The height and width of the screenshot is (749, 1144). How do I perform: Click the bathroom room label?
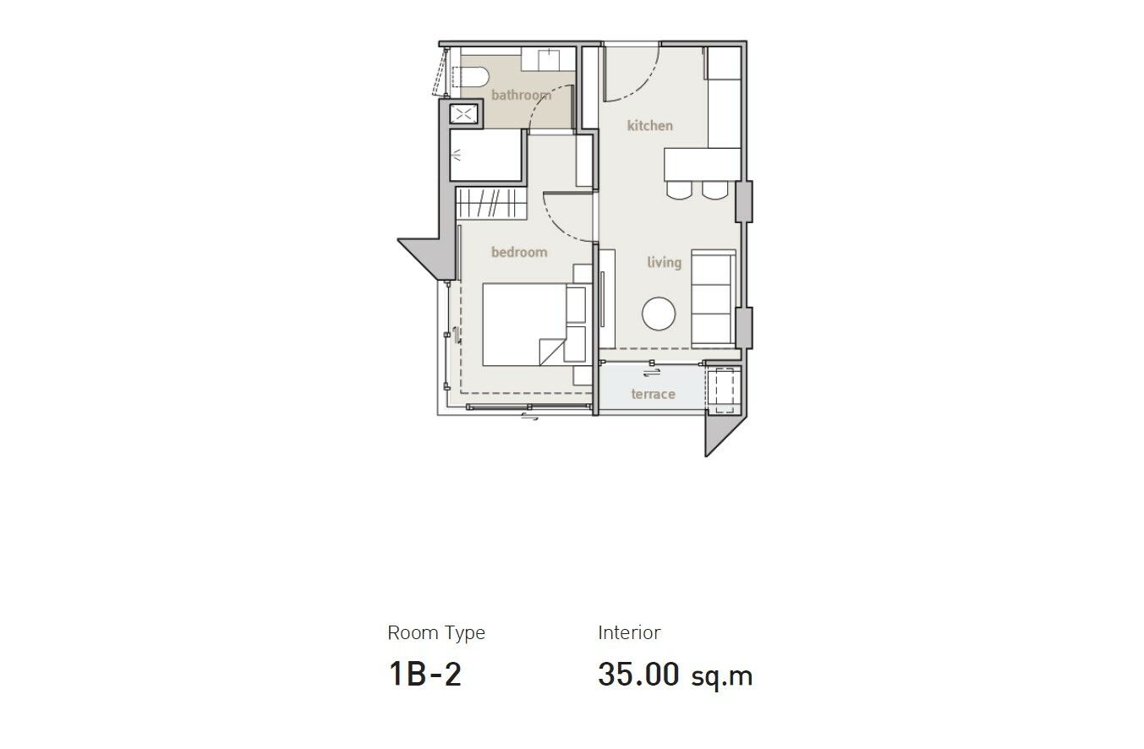point(522,96)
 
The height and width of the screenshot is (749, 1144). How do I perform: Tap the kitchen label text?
point(650,126)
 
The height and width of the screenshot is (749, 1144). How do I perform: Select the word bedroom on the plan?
point(519,252)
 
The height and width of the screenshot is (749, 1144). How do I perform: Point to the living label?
point(665,263)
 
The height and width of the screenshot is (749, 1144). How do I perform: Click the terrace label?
point(654,394)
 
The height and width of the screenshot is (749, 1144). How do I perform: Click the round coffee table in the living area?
point(659,314)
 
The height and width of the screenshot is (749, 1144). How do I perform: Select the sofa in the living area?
point(714,297)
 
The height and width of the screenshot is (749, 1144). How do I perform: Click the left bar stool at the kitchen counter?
point(679,190)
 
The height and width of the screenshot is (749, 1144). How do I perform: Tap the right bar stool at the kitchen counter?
point(714,190)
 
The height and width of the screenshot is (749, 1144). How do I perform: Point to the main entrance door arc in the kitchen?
point(638,82)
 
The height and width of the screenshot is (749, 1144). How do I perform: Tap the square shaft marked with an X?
point(463,114)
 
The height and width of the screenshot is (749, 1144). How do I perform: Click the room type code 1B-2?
point(425,674)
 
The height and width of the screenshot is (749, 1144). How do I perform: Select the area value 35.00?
point(638,674)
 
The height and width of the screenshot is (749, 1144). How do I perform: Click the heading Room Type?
point(436,633)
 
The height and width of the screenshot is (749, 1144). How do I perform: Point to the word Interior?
point(629,632)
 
